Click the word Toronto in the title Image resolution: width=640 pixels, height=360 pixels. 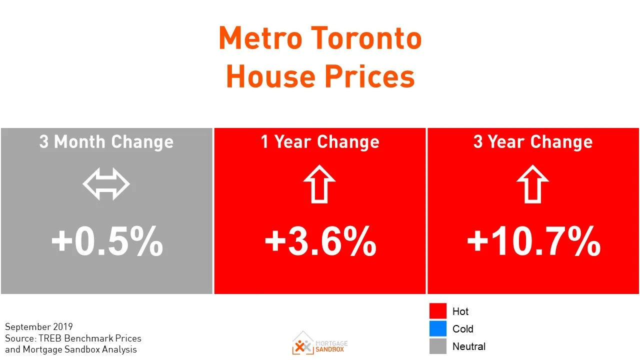coord(366,38)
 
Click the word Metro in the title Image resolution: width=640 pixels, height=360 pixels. coord(259,38)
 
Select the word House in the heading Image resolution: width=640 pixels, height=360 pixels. coord(270,76)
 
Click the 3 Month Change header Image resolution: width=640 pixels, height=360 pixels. coord(106,142)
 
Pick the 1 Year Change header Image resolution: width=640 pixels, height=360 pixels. coord(320,142)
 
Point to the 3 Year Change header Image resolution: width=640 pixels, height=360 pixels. coord(533,142)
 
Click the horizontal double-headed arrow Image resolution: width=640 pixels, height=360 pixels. coord(106,184)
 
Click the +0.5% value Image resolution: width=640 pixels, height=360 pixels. coord(107,242)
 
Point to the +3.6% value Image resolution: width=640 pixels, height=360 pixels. coord(320,242)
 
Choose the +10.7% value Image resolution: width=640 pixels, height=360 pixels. coord(533,242)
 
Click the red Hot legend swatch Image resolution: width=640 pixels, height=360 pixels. coord(437,311)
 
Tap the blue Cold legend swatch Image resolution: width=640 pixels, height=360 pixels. coord(437,328)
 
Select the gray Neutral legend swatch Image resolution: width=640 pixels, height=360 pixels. coord(437,346)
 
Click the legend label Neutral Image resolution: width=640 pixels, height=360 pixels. coord(468,346)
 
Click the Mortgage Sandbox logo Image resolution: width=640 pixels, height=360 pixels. coord(320,343)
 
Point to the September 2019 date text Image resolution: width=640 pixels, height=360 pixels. coord(39,327)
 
